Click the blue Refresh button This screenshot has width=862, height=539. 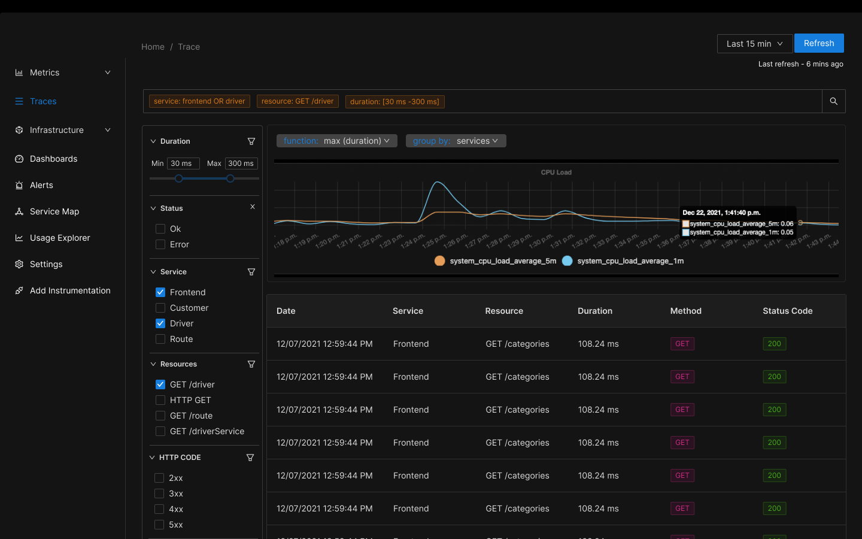pyautogui.click(x=818, y=43)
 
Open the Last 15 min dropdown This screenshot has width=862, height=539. pyautogui.click(x=754, y=44)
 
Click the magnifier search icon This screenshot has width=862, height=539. pyautogui.click(x=833, y=101)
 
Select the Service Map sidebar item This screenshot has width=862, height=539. pyautogui.click(x=54, y=211)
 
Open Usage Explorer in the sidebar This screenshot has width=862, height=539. pyautogui.click(x=59, y=238)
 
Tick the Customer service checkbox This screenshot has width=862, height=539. pyautogui.click(x=160, y=308)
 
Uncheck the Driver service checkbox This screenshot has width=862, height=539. pyautogui.click(x=160, y=323)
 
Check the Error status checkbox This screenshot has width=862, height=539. pyautogui.click(x=160, y=244)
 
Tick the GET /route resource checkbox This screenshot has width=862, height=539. pyautogui.click(x=160, y=416)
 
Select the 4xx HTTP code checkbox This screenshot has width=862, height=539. pyautogui.click(x=159, y=509)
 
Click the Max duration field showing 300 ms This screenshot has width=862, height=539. pyautogui.click(x=241, y=163)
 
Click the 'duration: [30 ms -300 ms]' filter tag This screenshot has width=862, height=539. pyautogui.click(x=394, y=102)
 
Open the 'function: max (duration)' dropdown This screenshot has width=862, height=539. pyautogui.click(x=336, y=141)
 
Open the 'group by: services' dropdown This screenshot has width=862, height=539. pyautogui.click(x=456, y=141)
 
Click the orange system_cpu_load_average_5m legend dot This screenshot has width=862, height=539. pyautogui.click(x=440, y=261)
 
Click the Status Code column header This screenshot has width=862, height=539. pyautogui.click(x=787, y=311)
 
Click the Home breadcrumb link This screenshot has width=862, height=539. pyautogui.click(x=153, y=47)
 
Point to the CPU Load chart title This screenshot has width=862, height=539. pyautogui.click(x=556, y=172)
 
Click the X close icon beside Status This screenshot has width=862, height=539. pyautogui.click(x=253, y=207)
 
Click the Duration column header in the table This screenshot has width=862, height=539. pyautogui.click(x=594, y=311)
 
